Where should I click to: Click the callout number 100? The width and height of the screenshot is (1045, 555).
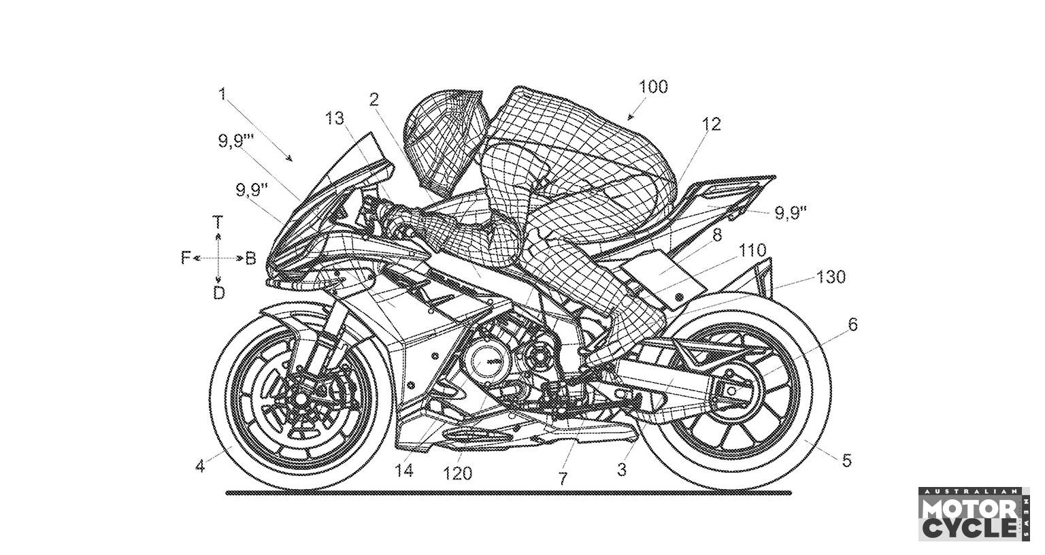(x=653, y=87)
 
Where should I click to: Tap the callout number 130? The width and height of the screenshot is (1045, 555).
(x=831, y=277)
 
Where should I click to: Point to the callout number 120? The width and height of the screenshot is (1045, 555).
(x=457, y=473)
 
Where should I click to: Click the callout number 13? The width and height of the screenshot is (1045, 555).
(x=335, y=118)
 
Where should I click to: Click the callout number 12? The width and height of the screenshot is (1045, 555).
(x=711, y=124)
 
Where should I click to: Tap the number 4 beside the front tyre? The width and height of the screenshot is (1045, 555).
(x=199, y=467)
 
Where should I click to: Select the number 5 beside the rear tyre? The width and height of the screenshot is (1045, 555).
(x=846, y=460)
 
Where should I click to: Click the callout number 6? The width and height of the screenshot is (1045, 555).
(x=852, y=325)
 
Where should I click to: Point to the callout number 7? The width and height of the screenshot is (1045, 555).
(x=562, y=478)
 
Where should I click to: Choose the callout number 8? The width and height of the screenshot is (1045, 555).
(x=716, y=235)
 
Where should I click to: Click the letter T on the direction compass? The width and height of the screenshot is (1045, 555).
(x=218, y=222)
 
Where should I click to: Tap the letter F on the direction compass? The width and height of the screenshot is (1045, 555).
(x=185, y=258)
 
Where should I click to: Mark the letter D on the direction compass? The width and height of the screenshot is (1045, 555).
(x=218, y=293)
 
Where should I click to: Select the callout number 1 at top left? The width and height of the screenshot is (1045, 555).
(x=222, y=94)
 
